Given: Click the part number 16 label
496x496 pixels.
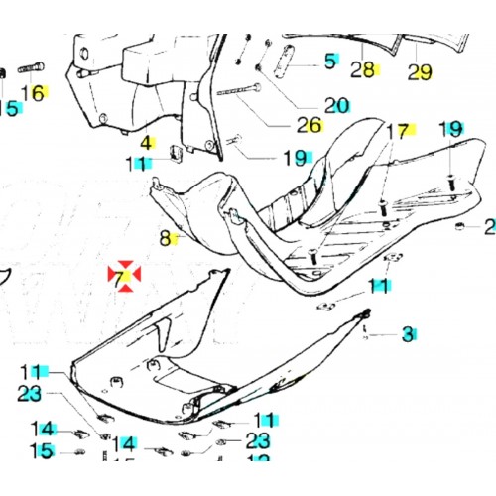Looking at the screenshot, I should point(33,93).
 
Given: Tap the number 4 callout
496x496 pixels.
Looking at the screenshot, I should point(144,142).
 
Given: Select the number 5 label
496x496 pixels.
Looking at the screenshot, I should point(330,62).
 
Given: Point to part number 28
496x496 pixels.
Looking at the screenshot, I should point(363,69).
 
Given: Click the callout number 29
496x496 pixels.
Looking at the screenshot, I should point(420,71).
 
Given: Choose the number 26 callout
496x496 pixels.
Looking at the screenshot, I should point(309,125).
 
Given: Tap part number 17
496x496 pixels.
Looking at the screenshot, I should point(397,131).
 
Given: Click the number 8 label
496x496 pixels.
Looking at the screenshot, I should point(167,238).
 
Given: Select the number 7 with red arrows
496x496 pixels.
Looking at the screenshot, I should point(124,279).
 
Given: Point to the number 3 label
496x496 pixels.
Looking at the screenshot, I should point(406,335).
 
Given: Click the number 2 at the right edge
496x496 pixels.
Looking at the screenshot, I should point(489,227).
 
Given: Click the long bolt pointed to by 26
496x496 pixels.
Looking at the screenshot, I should point(238,94).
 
